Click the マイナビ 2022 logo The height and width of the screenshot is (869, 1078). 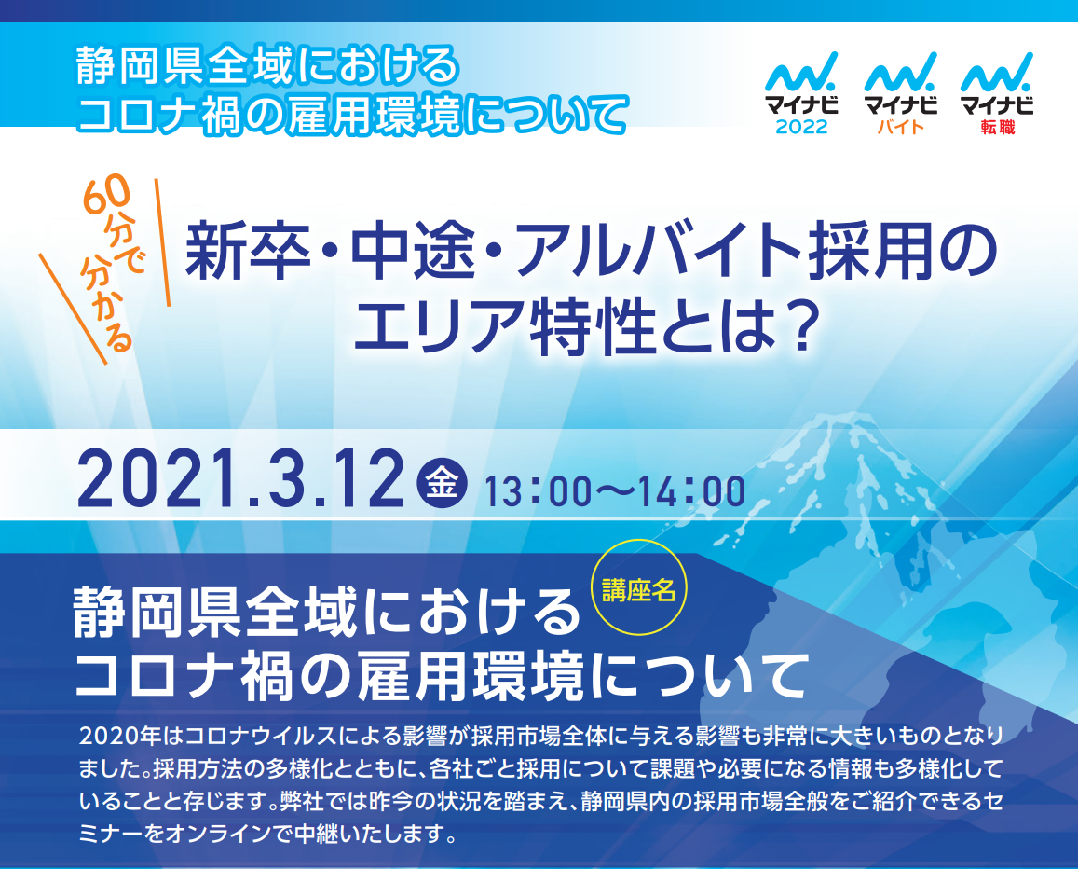[x=801, y=93]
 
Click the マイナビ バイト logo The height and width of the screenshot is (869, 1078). [x=901, y=93]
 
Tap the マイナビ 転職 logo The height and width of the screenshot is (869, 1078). [x=997, y=93]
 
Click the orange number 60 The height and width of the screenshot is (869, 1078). [x=106, y=195]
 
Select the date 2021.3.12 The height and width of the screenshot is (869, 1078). [x=240, y=479]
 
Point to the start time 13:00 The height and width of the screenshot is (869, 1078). [x=538, y=491]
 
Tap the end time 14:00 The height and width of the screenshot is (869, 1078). [x=692, y=491]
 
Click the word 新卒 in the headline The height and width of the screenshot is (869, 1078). [x=248, y=251]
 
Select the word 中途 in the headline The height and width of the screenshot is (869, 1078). [x=414, y=251]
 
